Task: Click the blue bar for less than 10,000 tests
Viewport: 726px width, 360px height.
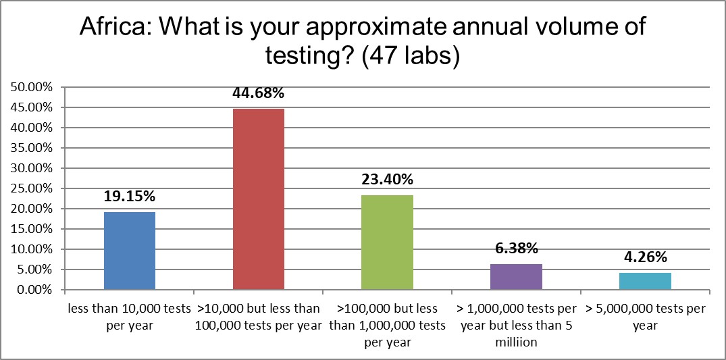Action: tap(130, 251)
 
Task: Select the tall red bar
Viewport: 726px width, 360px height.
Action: tap(259, 199)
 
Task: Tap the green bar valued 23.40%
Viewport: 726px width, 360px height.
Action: tap(388, 242)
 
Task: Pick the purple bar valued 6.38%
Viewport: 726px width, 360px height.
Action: tap(517, 277)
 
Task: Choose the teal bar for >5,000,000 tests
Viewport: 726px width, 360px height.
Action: tap(646, 281)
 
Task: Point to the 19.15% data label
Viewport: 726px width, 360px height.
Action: tap(130, 197)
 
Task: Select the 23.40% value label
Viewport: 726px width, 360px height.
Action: tap(388, 180)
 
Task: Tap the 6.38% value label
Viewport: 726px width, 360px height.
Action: tap(517, 249)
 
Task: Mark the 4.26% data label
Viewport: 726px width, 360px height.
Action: tap(646, 258)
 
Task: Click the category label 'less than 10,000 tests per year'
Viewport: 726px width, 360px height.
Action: tap(130, 315)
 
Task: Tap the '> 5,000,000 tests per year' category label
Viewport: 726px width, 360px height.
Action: tap(646, 315)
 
